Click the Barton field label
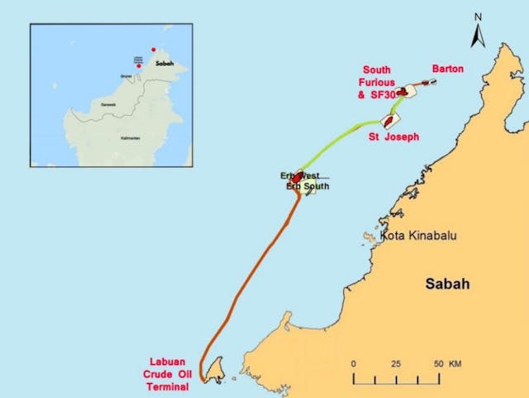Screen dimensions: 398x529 click(447, 69)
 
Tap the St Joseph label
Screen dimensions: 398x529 click(393, 137)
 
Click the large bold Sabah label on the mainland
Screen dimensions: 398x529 click(446, 284)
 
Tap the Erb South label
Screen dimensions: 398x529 click(307, 186)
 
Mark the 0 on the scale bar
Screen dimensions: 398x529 click(353, 363)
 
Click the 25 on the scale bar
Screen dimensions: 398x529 click(396, 363)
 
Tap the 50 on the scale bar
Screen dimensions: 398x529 click(438, 363)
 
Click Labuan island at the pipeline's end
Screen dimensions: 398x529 click(213, 370)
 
